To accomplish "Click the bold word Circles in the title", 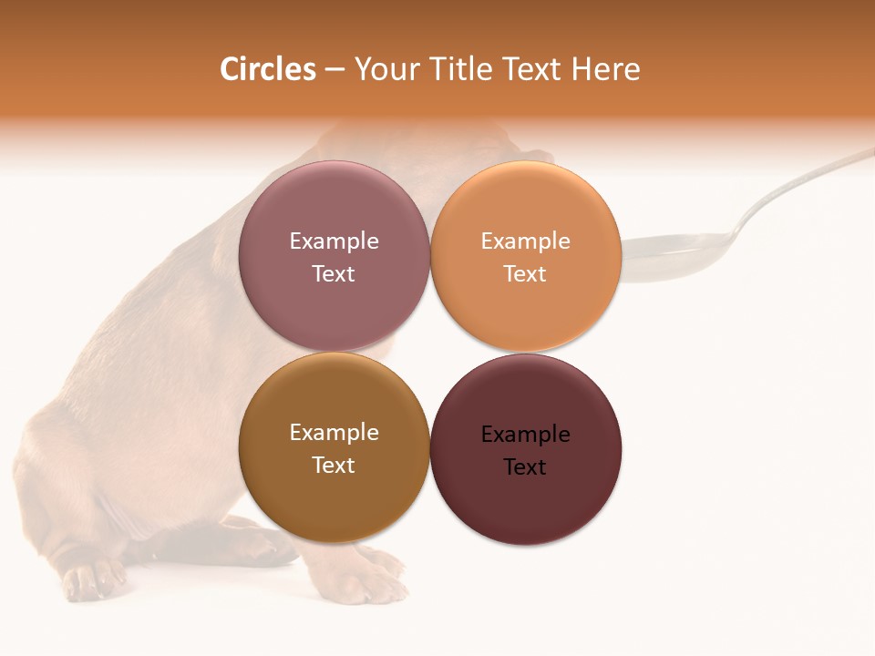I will click(x=268, y=69).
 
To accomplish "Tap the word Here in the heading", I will click(x=606, y=69).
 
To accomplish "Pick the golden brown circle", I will click(x=334, y=492).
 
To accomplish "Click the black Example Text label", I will click(x=525, y=450).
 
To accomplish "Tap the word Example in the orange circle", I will click(x=525, y=241).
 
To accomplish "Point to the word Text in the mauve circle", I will click(x=334, y=274).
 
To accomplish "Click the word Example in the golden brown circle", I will click(x=334, y=433).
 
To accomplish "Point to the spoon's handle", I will click(x=802, y=182).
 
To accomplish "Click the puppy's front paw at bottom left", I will click(x=91, y=579).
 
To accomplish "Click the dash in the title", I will click(x=335, y=70).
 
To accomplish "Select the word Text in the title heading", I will click(x=532, y=69).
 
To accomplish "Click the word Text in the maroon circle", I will click(x=525, y=467).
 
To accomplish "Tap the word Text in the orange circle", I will click(x=525, y=274).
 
